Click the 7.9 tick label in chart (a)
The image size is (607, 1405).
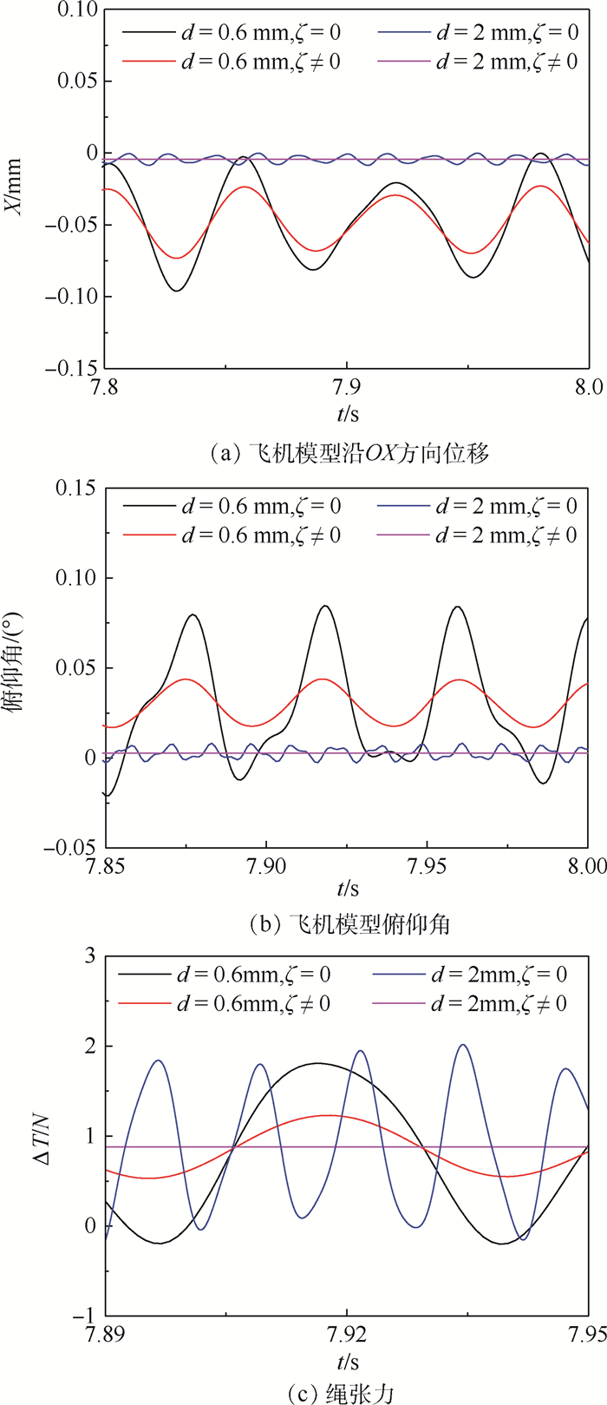(x=347, y=384)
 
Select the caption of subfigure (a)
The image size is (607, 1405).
(x=344, y=452)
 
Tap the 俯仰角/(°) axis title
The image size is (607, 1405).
(x=16, y=667)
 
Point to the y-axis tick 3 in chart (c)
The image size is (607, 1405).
(x=88, y=955)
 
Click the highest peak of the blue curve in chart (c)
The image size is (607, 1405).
(x=462, y=1045)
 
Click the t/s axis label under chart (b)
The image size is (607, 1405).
(x=348, y=889)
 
